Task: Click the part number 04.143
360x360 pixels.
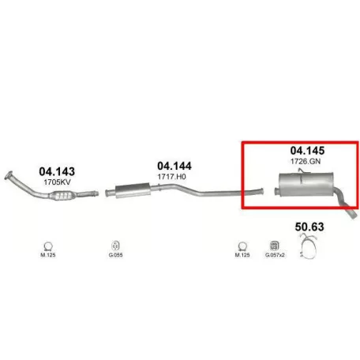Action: tap(57, 171)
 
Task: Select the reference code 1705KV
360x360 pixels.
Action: tap(57, 182)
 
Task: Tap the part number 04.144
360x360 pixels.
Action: tap(174, 166)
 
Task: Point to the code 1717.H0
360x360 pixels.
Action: tap(171, 176)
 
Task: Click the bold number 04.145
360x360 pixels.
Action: tap(307, 151)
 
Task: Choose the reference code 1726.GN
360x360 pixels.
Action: tap(306, 161)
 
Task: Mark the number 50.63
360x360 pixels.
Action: tap(309, 227)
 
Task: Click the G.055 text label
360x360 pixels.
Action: tap(115, 255)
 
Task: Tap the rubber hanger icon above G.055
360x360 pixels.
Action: tap(115, 246)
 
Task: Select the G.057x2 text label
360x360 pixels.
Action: tap(275, 255)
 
